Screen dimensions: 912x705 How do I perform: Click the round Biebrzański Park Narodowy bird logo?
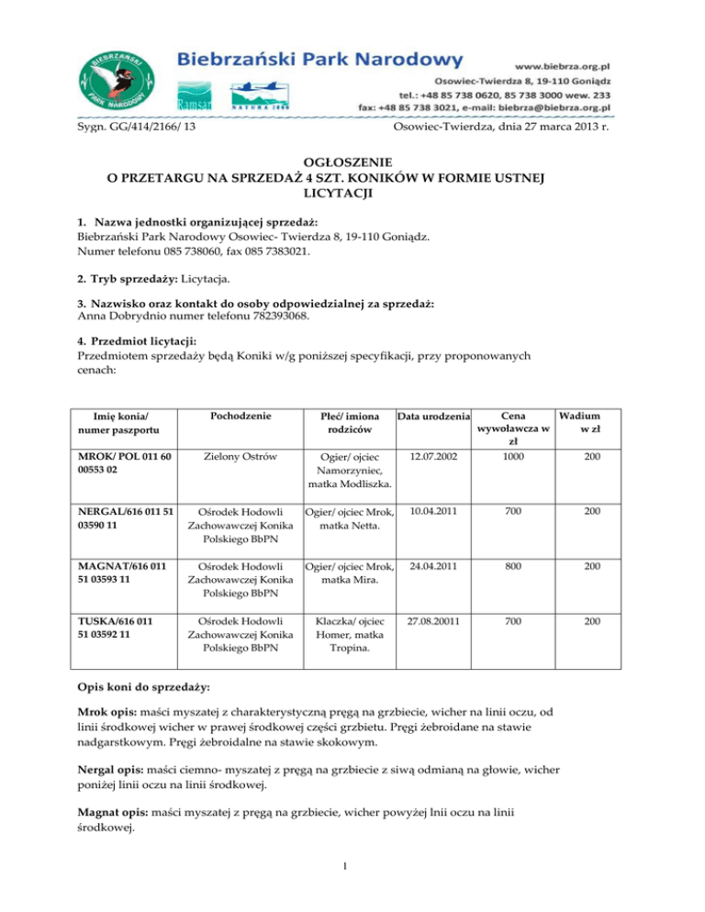pyautogui.click(x=117, y=80)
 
